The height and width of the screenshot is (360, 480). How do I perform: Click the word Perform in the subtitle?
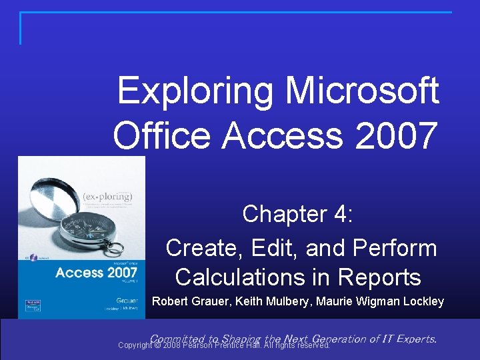coord(395,248)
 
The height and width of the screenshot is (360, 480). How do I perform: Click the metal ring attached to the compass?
coord(115,248)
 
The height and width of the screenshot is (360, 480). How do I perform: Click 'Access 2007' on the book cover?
coord(87,272)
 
